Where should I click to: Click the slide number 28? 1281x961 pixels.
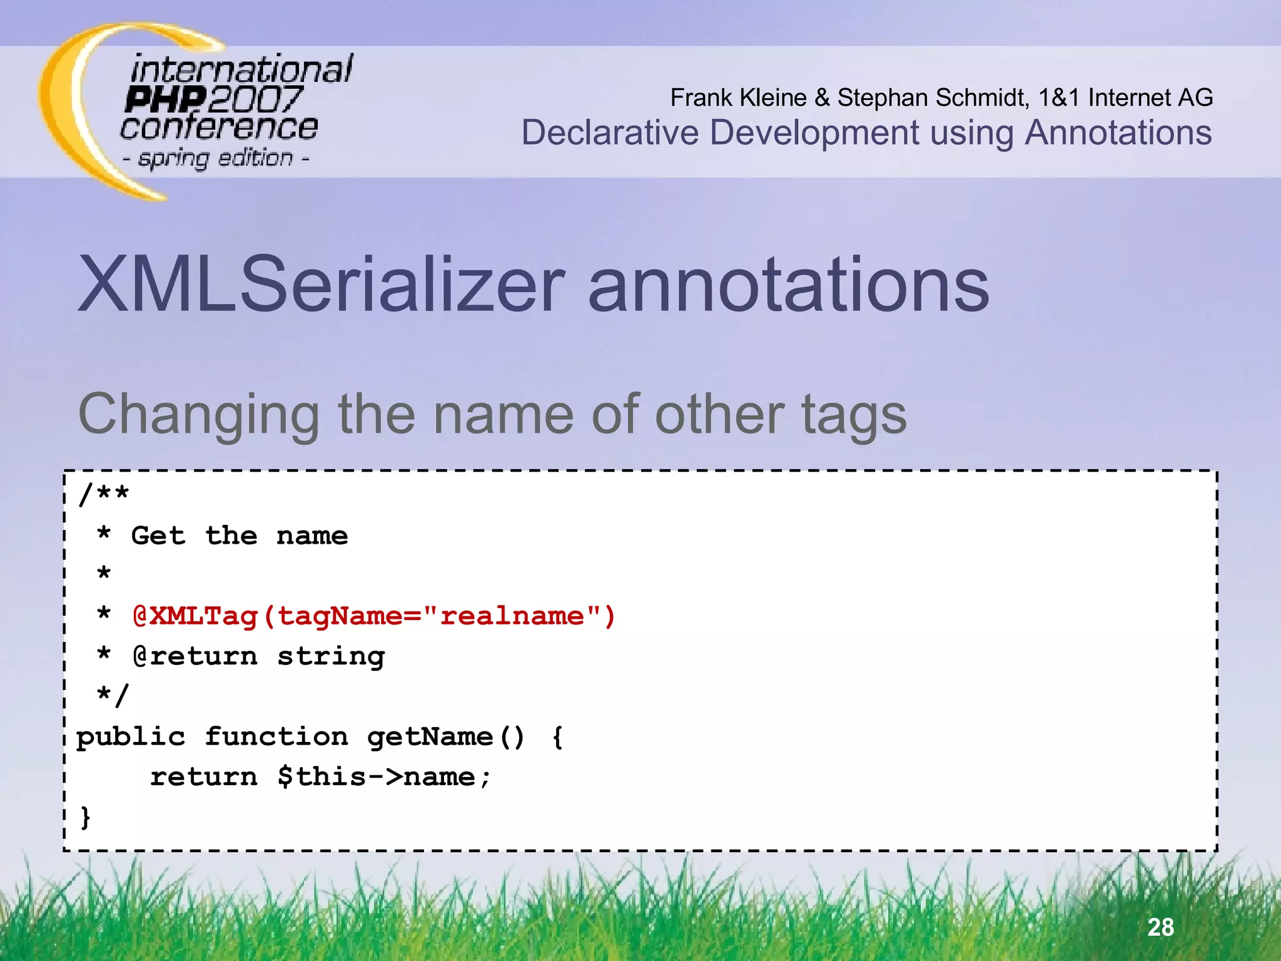(1160, 927)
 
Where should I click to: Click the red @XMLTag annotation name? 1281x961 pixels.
(196, 616)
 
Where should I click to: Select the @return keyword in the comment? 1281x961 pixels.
(195, 656)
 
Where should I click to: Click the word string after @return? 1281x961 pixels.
(331, 657)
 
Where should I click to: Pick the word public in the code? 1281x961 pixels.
(131, 737)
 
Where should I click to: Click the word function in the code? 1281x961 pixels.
(276, 737)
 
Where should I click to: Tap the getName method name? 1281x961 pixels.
(430, 737)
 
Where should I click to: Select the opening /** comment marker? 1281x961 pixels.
(104, 494)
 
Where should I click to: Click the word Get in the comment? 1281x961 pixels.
(158, 536)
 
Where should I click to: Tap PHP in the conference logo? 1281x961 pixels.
(165, 99)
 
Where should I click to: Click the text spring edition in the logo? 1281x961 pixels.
(215, 158)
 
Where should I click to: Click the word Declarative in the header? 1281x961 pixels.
(610, 133)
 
